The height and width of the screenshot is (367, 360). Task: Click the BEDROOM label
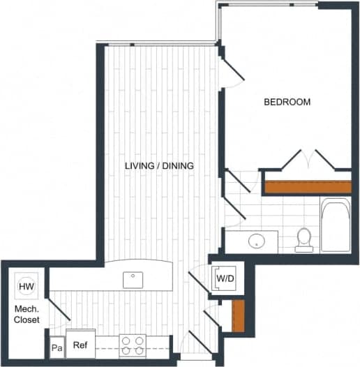point(287,102)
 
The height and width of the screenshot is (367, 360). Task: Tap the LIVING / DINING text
point(159,166)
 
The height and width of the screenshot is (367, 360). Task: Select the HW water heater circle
point(26,286)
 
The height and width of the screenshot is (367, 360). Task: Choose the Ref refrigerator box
point(80,345)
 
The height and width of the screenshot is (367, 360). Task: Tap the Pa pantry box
point(56,347)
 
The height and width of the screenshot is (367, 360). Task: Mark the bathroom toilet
point(303,239)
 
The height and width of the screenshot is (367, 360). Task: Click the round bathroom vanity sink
point(257,242)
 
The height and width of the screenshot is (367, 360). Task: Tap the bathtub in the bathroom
point(336,225)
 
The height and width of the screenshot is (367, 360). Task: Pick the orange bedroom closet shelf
point(307,187)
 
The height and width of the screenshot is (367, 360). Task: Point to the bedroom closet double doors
point(306,159)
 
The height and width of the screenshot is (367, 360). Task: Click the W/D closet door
point(200,283)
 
